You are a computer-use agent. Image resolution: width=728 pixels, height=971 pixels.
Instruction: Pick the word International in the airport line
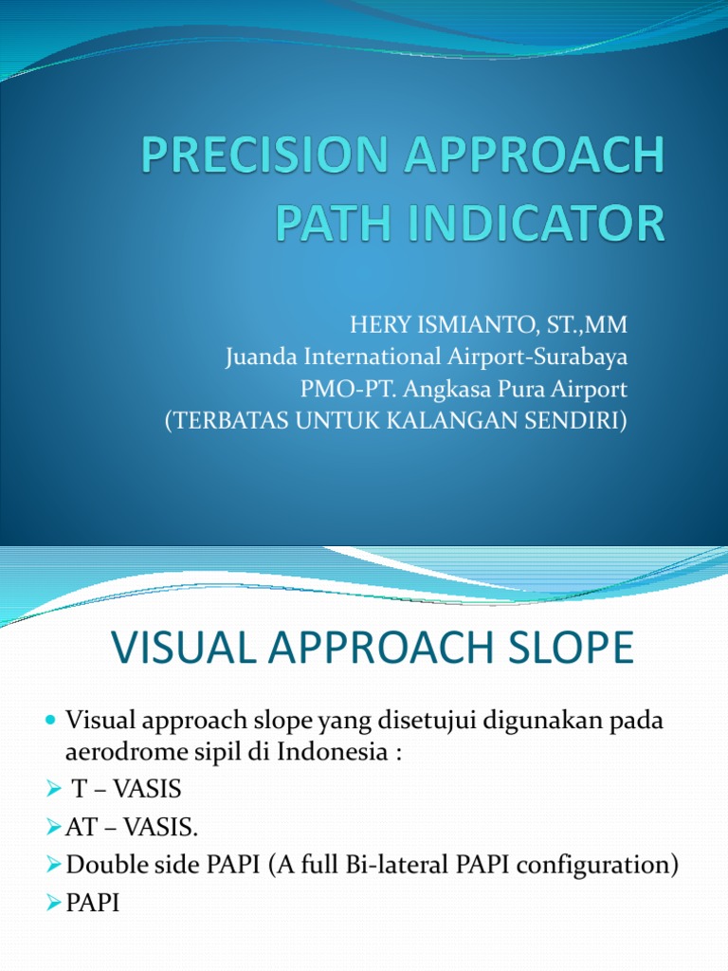pos(372,358)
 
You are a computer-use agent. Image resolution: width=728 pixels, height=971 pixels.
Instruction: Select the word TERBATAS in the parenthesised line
pos(231,421)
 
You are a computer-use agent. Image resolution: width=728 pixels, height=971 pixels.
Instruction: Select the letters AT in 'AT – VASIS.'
pos(79,828)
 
